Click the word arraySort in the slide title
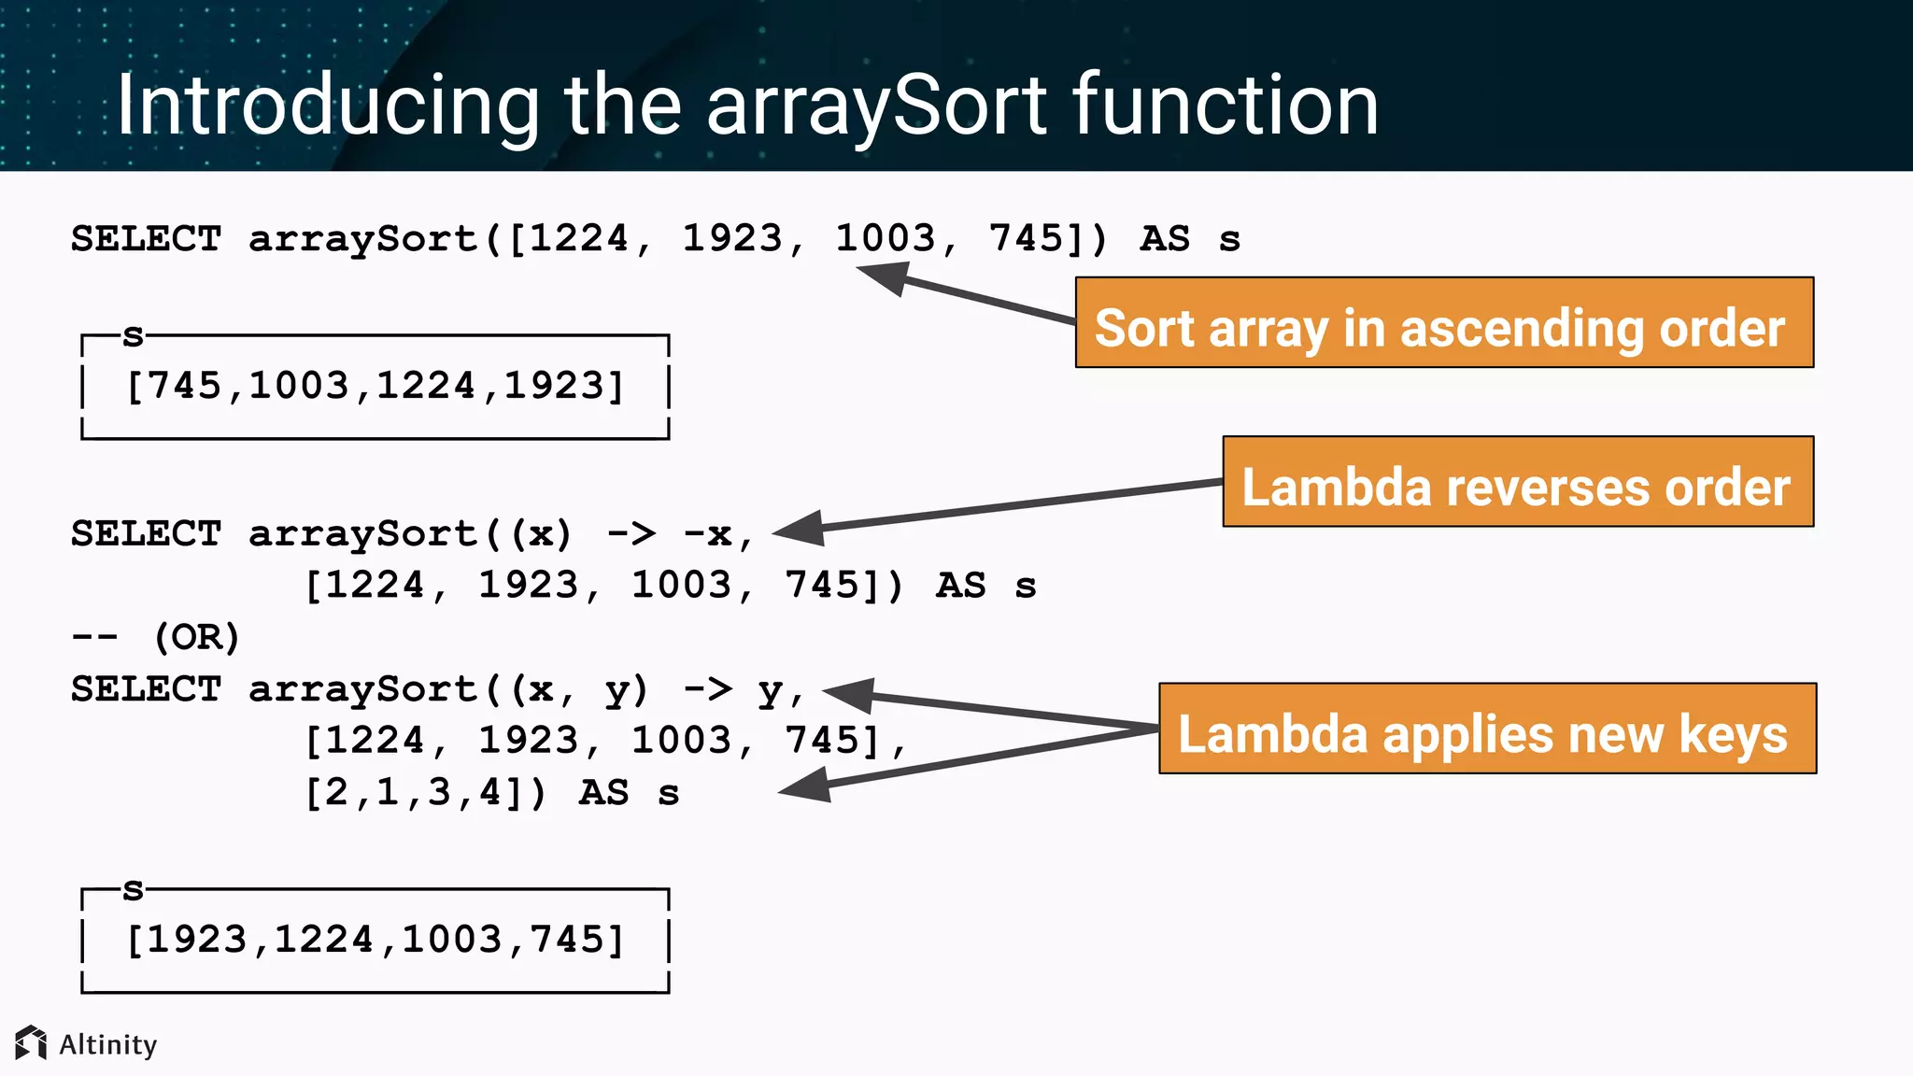pos(876,106)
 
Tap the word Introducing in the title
pos(327,106)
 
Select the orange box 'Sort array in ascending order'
pos(1443,323)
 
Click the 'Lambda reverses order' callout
pos(1517,482)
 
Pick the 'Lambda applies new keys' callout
pos(1486,729)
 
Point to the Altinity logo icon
pos(31,1042)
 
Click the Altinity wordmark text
pos(108,1044)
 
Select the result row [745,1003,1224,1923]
pos(375,386)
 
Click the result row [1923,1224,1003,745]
pos(375,940)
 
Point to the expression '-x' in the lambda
pos(707,534)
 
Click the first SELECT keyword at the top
pos(147,239)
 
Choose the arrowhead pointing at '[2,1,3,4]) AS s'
pos(805,786)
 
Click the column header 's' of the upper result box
pos(134,335)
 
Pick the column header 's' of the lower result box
pos(134,889)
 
